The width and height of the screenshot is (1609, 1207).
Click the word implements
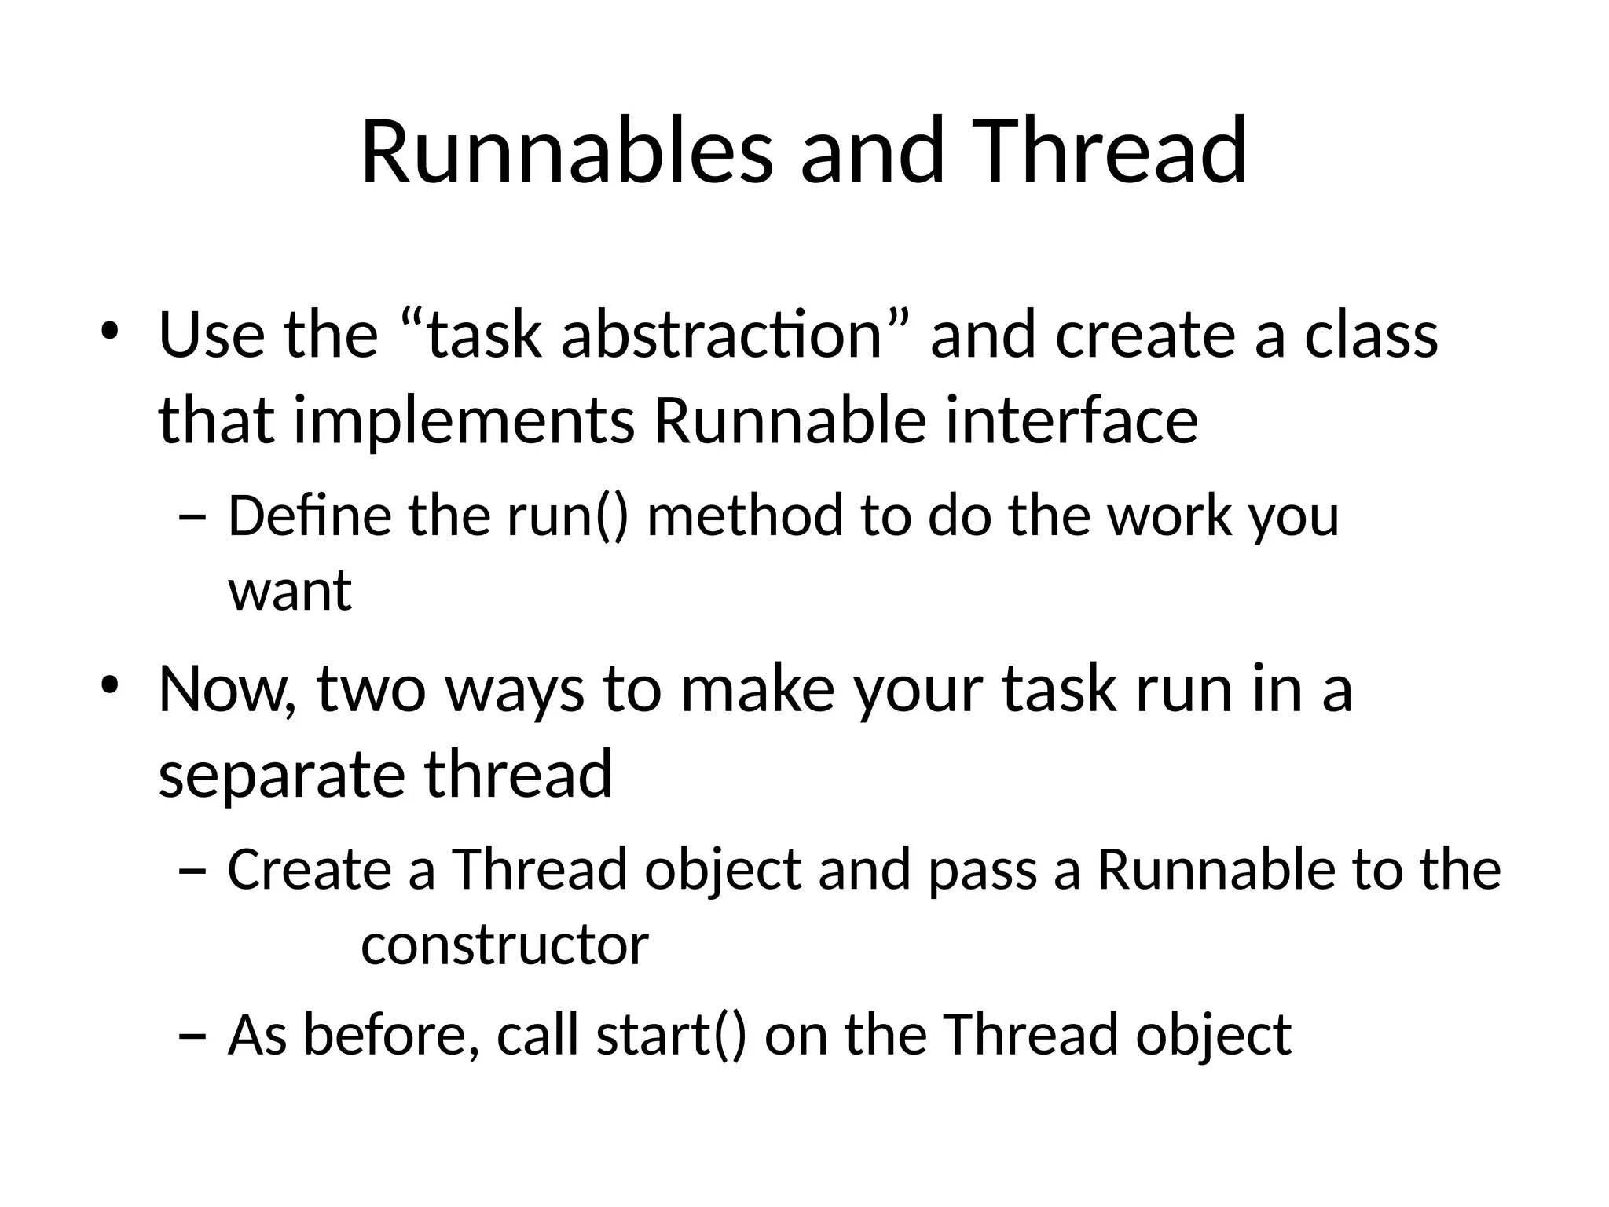[x=464, y=421]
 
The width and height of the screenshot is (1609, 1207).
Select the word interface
[x=1072, y=421]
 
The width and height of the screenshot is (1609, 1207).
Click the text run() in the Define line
[x=568, y=518]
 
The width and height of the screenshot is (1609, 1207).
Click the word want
[x=290, y=591]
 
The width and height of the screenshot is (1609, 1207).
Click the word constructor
[x=504, y=945]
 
